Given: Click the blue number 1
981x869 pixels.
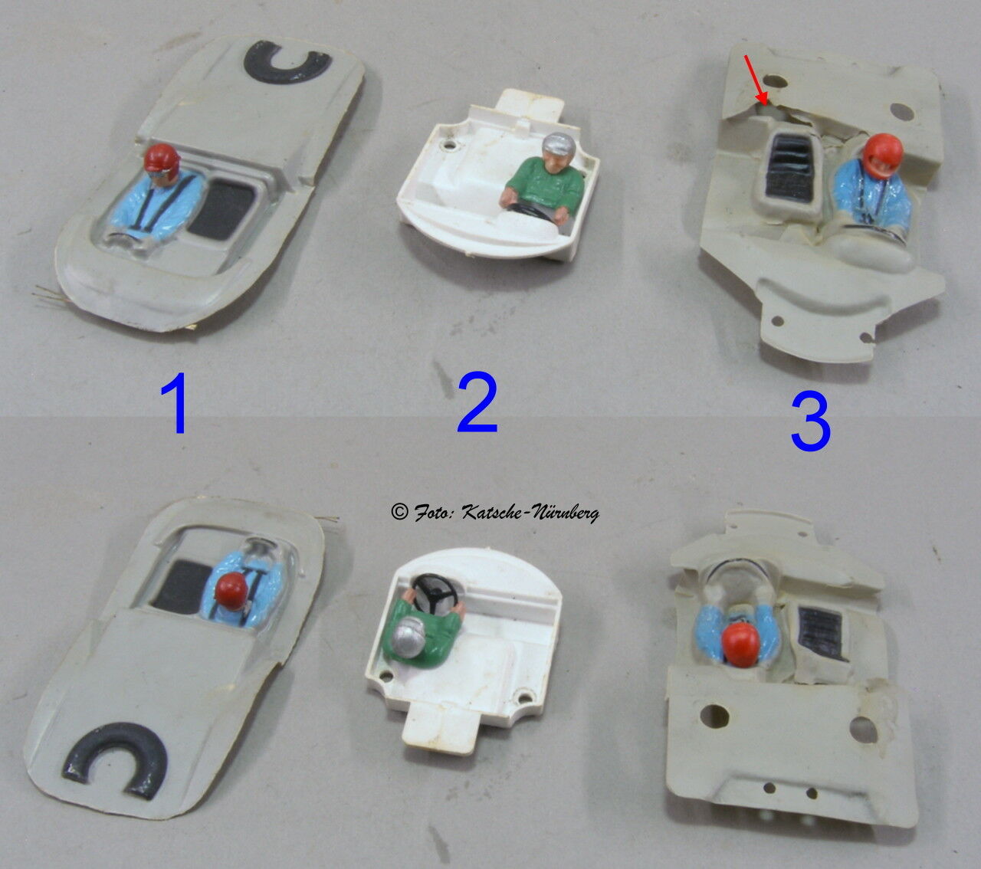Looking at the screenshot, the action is (x=176, y=403).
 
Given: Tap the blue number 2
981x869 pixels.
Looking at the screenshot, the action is (x=477, y=403).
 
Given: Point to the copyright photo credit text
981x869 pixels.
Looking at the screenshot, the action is (x=495, y=512).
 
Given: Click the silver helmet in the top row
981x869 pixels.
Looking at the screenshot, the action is (x=558, y=146).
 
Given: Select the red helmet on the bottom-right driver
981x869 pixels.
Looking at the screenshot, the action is (x=742, y=645).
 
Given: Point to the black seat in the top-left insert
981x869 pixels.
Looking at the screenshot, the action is (x=221, y=211).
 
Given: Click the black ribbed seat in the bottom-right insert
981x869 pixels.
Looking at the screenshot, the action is (x=821, y=631).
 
